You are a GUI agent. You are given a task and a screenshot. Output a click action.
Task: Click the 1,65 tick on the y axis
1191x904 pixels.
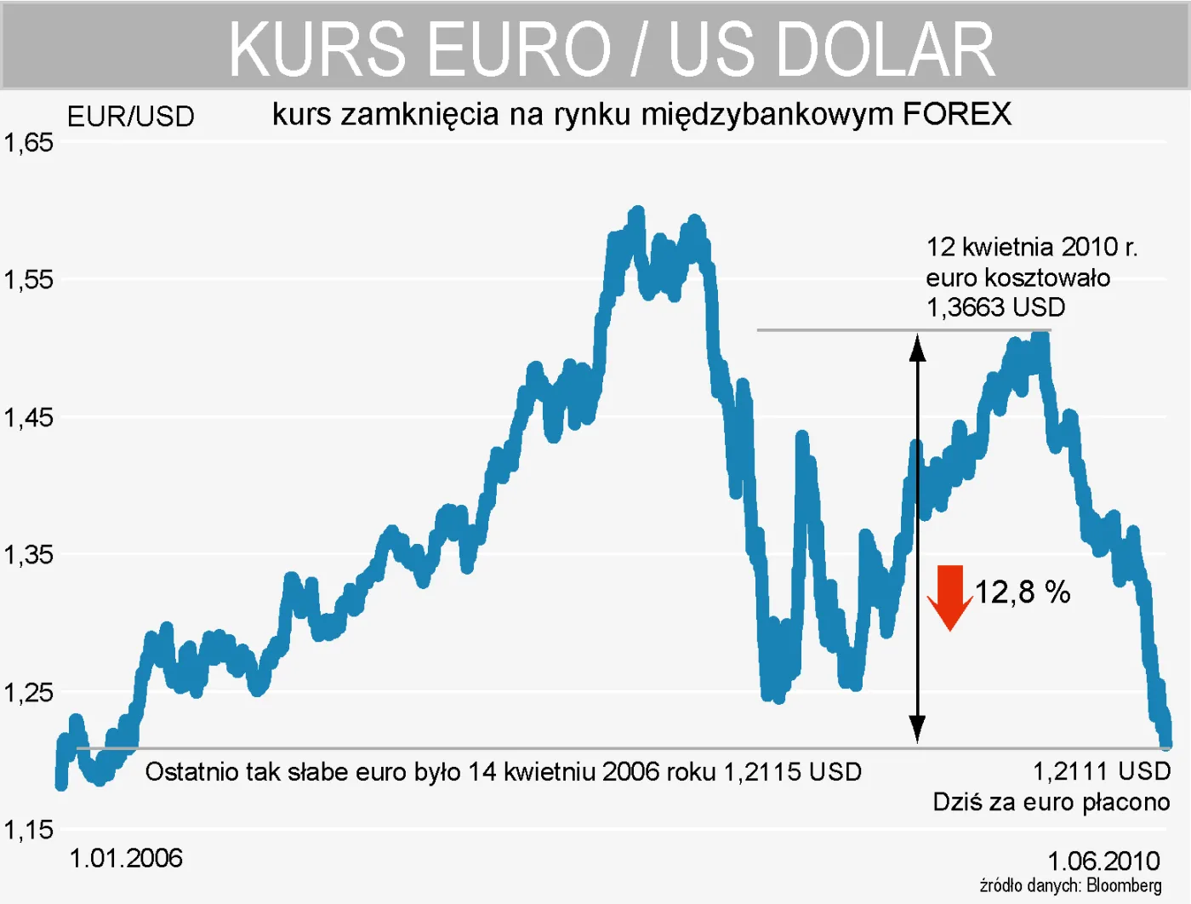point(29,142)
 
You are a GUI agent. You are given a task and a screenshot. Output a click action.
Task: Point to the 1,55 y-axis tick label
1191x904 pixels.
point(29,280)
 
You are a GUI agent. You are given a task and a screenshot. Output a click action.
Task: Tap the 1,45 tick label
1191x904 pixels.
point(29,418)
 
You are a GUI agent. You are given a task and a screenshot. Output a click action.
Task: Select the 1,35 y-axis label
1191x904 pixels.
point(29,555)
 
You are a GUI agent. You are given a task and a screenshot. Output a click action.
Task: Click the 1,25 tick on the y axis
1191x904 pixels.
point(29,693)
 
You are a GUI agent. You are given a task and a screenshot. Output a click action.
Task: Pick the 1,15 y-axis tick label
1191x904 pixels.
point(29,830)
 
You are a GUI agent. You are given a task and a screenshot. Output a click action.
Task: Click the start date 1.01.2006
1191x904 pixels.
point(126,858)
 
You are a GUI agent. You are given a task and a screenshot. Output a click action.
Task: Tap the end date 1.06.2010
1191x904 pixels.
point(1103,861)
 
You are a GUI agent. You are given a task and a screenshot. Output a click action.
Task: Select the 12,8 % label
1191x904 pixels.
point(1022,592)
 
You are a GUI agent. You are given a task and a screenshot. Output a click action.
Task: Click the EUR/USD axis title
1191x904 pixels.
point(131,117)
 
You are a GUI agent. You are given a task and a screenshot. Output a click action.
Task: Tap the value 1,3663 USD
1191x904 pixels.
point(995,307)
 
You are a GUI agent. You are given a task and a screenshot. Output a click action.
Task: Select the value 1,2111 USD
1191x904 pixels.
point(1102,771)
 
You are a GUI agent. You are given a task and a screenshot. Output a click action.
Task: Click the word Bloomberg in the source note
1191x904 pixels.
point(1124,886)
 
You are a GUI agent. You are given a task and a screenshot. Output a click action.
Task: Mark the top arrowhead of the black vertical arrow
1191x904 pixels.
point(917,346)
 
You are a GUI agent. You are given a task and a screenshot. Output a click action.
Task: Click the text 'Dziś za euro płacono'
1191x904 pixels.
point(1051,802)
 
